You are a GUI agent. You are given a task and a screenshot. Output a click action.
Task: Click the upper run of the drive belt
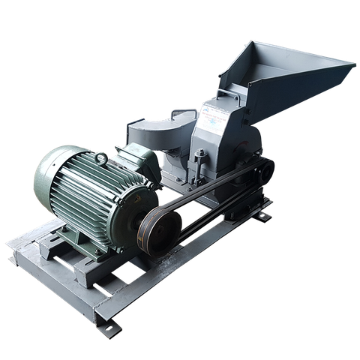pos(202,191)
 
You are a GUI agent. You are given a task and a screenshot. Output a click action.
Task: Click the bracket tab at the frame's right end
pos(262,217)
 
